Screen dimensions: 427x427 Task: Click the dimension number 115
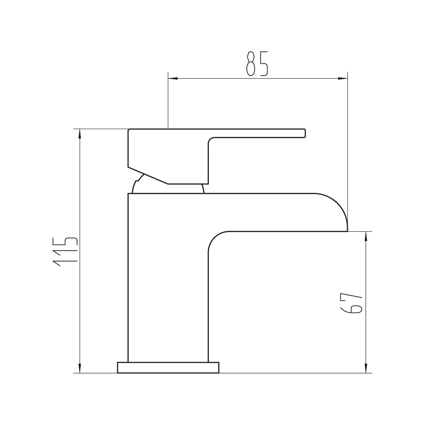[65, 251]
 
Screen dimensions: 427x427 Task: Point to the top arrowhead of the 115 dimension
[80, 133]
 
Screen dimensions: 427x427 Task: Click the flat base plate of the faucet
[168, 368]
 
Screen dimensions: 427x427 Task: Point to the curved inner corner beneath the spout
[215, 239]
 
